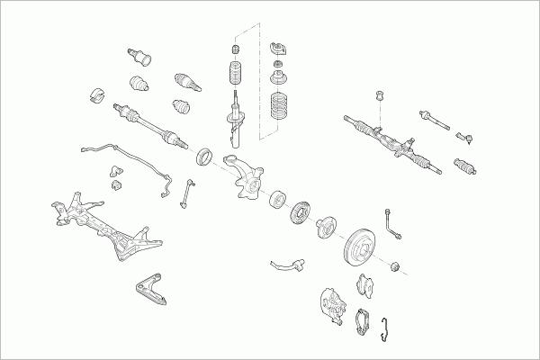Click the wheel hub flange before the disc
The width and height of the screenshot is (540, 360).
pyautogui.click(x=326, y=227)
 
